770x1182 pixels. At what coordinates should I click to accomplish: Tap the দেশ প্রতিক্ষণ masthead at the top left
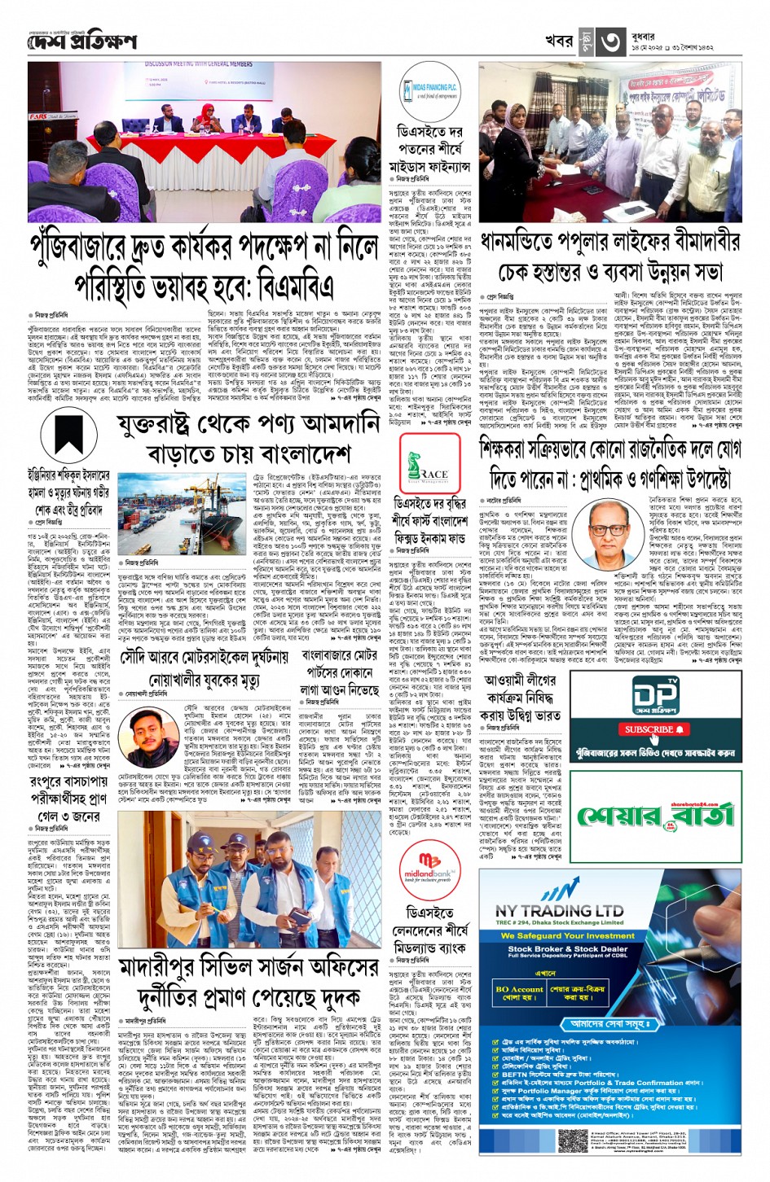[82, 42]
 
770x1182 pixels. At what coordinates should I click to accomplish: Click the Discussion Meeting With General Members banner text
[198, 63]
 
